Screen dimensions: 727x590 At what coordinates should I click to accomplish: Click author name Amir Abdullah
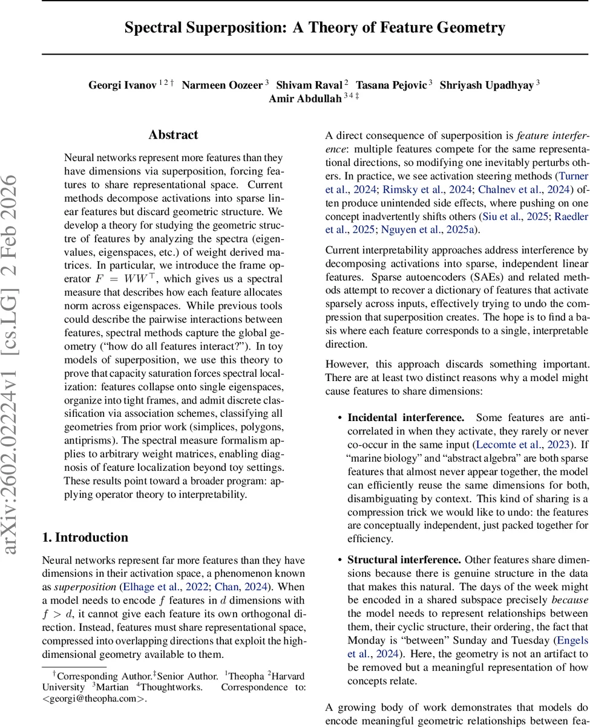[305, 99]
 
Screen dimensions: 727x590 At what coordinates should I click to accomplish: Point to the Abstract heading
[173, 135]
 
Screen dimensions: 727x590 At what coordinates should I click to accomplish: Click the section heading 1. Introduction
[85, 537]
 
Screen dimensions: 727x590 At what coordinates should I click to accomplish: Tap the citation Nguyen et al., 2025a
[417, 229]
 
